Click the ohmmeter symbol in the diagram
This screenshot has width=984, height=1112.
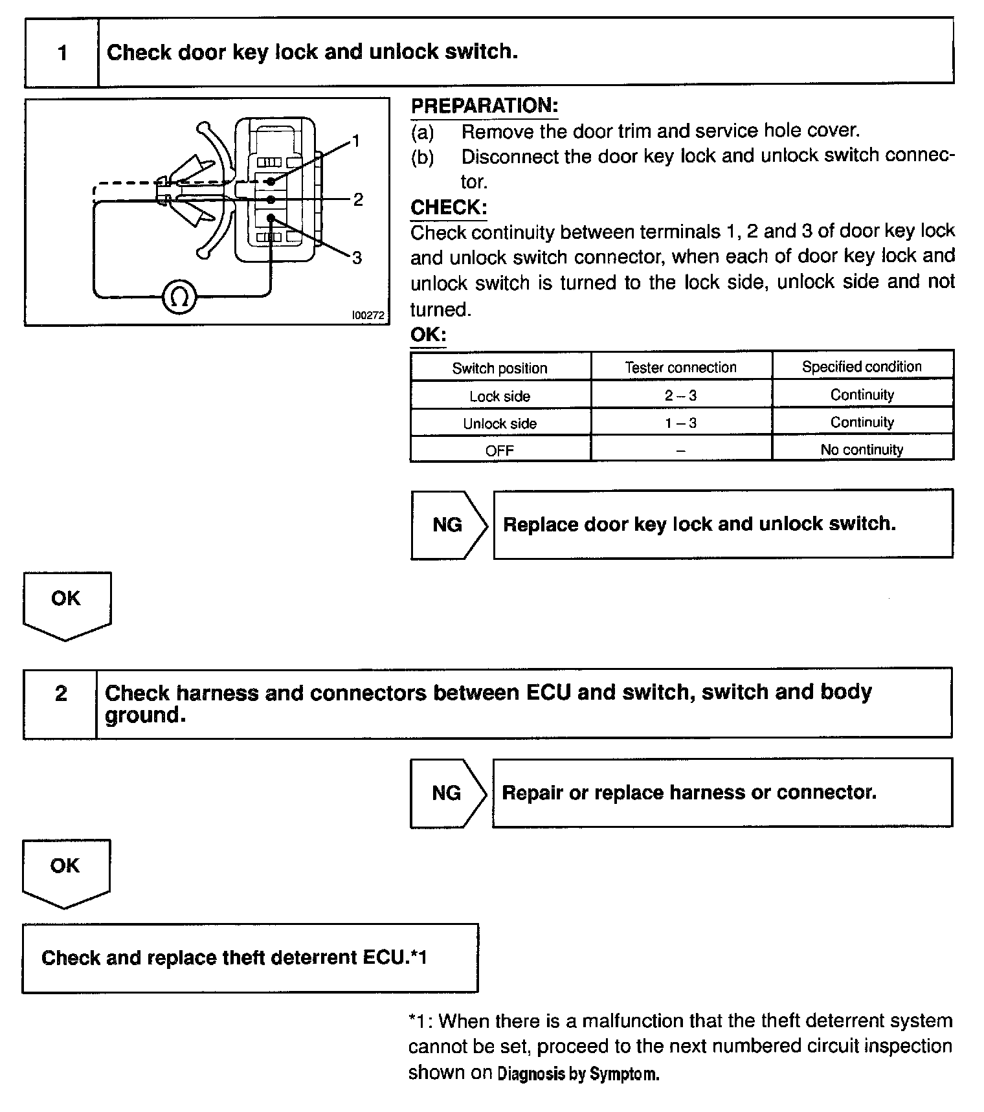point(179,297)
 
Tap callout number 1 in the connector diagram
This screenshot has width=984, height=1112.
point(355,141)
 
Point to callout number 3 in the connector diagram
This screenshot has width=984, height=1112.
point(357,258)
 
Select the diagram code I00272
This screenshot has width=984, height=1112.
point(368,315)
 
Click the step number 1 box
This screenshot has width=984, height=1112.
point(62,52)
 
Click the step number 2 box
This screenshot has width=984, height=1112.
point(61,694)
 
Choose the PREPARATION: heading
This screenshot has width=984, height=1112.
point(484,106)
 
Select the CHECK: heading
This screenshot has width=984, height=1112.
point(449,207)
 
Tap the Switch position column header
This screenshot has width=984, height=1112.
point(500,368)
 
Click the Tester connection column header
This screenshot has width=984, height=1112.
point(680,368)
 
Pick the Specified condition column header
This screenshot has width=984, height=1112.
point(862,367)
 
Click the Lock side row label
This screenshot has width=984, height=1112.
point(500,396)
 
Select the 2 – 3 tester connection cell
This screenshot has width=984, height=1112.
point(680,395)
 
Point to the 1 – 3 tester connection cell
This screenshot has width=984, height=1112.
point(680,423)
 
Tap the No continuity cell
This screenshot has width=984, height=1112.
point(862,450)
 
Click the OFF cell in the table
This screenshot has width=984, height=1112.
point(500,450)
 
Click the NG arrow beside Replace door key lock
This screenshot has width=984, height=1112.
point(448,524)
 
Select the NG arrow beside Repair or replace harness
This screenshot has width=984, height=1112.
point(447,793)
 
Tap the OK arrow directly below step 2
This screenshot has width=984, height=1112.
point(65,871)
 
